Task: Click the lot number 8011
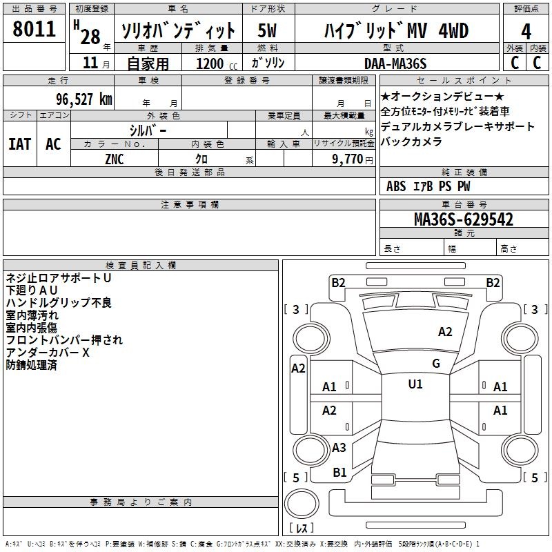click(34, 29)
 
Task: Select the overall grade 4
click(526, 32)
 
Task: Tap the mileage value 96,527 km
click(84, 99)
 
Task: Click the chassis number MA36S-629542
click(464, 219)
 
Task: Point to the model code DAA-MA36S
click(395, 63)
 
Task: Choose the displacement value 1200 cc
click(217, 63)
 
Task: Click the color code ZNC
click(115, 159)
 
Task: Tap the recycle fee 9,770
click(347, 159)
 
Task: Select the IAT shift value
click(20, 144)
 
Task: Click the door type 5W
click(267, 30)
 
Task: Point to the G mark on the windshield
click(436, 364)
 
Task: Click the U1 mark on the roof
click(415, 384)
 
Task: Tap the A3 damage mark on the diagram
click(339, 447)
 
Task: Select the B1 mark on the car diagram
click(339, 473)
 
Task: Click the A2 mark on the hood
click(445, 332)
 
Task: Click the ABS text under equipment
click(396, 186)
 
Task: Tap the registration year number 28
click(90, 37)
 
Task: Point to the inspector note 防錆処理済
click(31, 365)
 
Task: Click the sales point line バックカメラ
click(411, 141)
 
